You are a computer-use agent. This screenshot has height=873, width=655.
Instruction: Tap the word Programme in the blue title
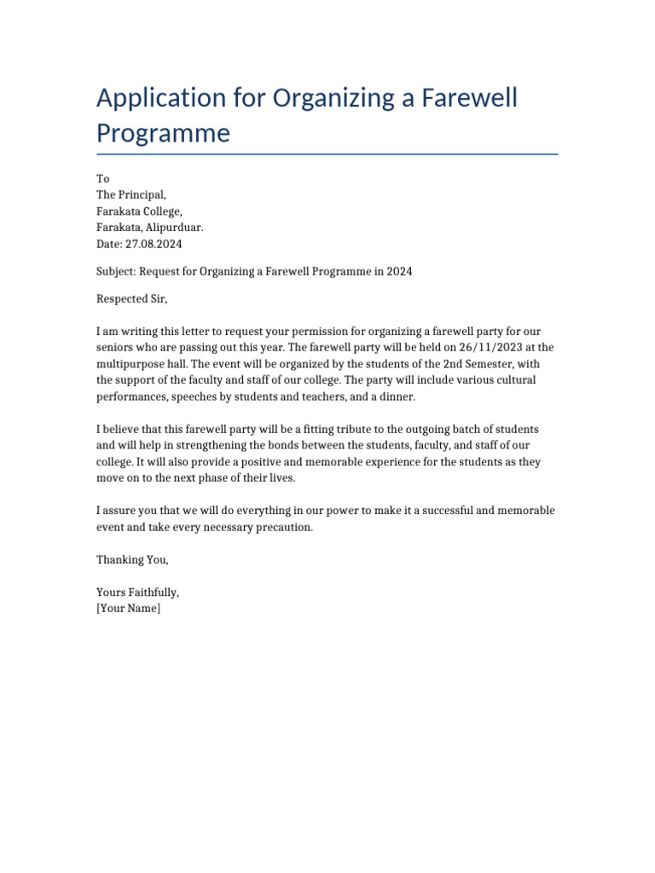[163, 134]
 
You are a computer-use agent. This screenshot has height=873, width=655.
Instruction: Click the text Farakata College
[139, 211]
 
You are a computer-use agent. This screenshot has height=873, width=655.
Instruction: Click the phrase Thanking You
[132, 560]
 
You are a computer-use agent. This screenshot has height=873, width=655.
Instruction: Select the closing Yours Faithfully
[137, 593]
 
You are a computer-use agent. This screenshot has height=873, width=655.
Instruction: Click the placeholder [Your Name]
[128, 609]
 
